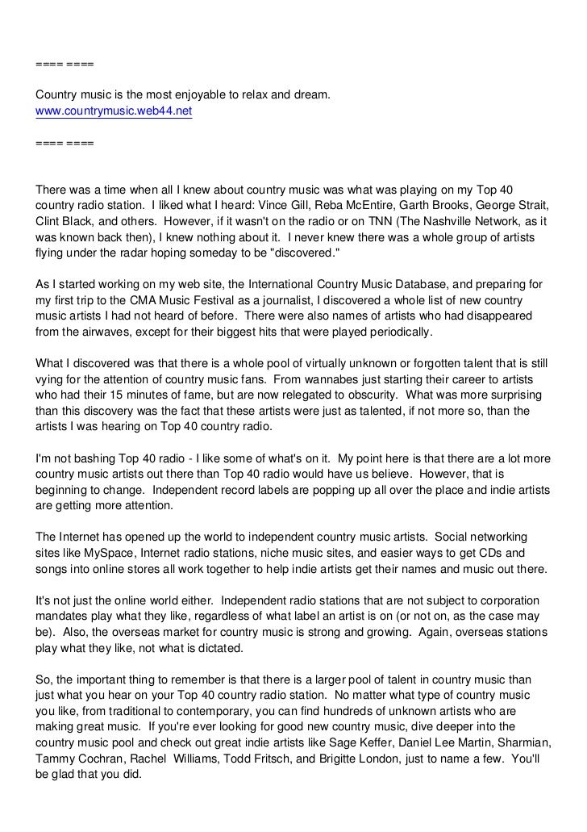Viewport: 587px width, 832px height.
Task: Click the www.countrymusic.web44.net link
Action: pyautogui.click(x=114, y=111)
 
